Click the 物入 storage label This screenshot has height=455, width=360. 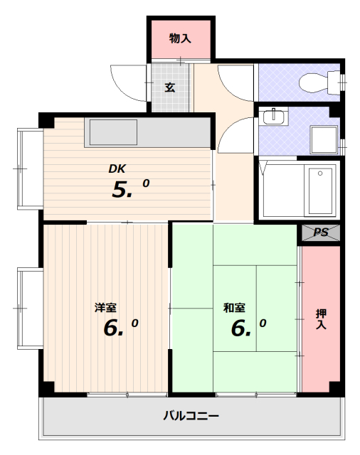(180, 38)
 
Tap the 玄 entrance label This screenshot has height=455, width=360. (170, 87)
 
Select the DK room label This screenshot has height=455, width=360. (117, 168)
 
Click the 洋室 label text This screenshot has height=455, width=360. (105, 308)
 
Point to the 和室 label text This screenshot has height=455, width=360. (234, 308)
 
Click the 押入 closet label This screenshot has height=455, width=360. (321, 319)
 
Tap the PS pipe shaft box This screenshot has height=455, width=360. (321, 232)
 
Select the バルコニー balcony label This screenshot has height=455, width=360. (191, 416)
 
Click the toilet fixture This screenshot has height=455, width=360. (319, 82)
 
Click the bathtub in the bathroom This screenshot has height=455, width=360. (320, 191)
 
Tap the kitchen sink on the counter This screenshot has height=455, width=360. (113, 132)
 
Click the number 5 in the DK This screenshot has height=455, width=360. (120, 190)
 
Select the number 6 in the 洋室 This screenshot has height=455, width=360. (110, 328)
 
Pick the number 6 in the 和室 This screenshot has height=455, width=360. (238, 328)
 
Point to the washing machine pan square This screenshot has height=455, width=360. (324, 139)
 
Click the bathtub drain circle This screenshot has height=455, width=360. (320, 173)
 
